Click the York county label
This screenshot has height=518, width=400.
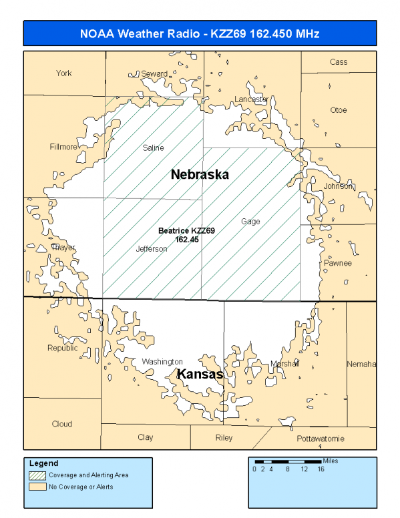(x=63, y=73)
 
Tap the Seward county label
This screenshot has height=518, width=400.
(x=154, y=73)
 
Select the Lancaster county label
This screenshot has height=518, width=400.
(x=251, y=99)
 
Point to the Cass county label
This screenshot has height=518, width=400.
(x=339, y=62)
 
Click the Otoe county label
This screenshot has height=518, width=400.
(x=339, y=110)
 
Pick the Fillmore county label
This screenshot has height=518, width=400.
(x=63, y=147)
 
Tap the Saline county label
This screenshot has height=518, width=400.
(x=154, y=148)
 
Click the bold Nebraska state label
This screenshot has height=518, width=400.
(x=200, y=175)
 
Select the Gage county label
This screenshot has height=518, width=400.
(x=250, y=222)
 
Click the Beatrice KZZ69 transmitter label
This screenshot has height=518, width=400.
(x=186, y=234)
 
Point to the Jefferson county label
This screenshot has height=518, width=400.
(x=152, y=249)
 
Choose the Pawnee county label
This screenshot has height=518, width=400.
(x=338, y=263)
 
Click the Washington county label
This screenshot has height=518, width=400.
(x=162, y=362)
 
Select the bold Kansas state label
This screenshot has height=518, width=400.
(x=200, y=375)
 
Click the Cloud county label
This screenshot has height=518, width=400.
(x=62, y=424)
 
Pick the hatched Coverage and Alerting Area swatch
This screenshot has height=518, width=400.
(x=37, y=475)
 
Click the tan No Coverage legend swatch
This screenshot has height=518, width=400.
(x=37, y=487)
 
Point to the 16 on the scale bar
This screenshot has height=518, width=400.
(x=321, y=469)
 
